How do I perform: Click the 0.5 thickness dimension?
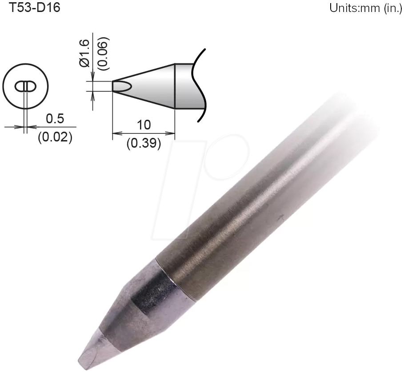[55, 118]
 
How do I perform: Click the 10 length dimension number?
[144, 125]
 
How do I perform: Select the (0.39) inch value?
[144, 144]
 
